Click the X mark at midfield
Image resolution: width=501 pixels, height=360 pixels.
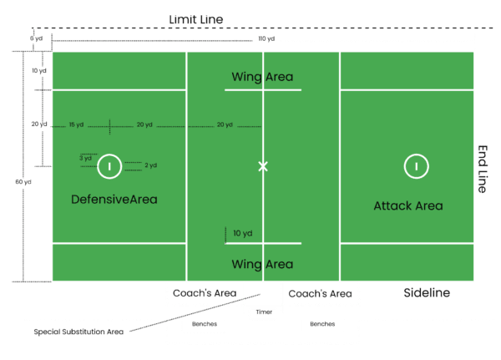point(263,166)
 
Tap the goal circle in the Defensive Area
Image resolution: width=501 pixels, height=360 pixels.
point(109,166)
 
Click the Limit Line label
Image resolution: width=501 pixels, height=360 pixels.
point(196,19)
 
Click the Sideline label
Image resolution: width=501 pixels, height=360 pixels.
point(427,293)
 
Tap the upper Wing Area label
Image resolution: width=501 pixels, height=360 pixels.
point(263,77)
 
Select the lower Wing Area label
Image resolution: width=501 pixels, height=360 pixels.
point(263,265)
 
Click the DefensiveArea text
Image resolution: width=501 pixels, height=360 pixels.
point(114,200)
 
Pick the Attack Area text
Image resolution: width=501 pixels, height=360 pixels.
point(408,205)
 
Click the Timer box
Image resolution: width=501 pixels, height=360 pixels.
point(263,313)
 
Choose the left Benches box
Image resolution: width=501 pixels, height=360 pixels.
point(205,324)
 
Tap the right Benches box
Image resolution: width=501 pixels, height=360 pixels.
point(322,324)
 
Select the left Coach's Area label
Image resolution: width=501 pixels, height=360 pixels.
point(205,293)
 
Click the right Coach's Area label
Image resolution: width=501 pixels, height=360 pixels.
point(320,293)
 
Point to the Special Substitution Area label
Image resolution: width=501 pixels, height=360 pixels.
point(78,332)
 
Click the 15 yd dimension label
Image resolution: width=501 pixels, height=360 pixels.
point(77,125)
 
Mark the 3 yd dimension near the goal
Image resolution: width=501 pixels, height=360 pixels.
point(85,157)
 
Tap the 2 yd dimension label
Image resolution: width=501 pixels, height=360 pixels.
point(151,165)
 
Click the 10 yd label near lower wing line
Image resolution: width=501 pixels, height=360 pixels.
point(243,232)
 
